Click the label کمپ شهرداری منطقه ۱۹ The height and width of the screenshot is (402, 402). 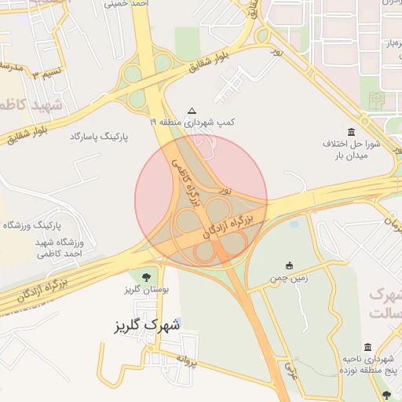[192, 122]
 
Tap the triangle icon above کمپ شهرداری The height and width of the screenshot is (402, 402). [192, 111]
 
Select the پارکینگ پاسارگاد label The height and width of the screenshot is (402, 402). [99, 137]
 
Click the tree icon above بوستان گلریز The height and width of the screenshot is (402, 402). [145, 276]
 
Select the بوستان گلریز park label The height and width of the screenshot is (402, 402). [142, 290]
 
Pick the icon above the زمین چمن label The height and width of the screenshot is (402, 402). [290, 265]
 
